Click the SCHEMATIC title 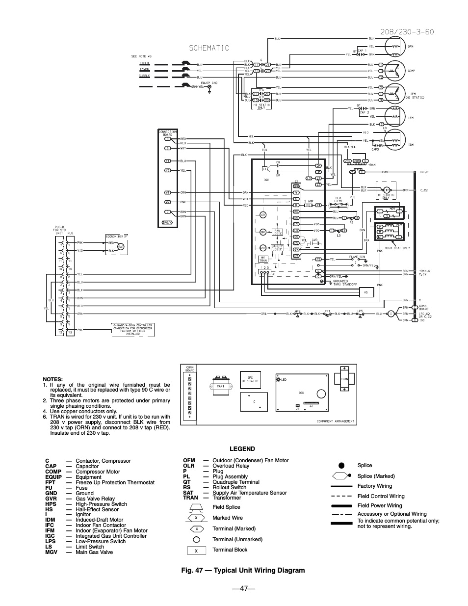click(x=209, y=48)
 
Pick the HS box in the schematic click(x=365, y=292)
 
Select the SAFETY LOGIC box click(x=277, y=248)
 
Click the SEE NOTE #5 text click(x=141, y=56)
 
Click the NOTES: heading click(x=53, y=379)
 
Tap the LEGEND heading click(x=242, y=448)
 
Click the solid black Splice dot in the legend click(x=341, y=465)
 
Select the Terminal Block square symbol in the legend click(x=196, y=551)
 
